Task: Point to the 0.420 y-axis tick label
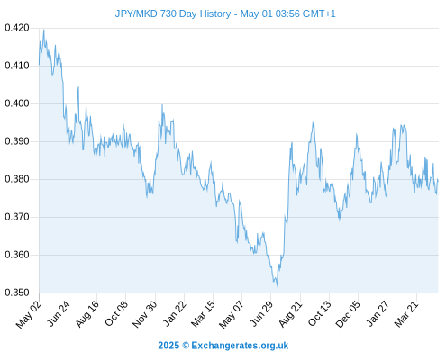point(17,28)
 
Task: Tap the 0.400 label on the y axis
point(17,103)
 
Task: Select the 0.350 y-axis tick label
point(17,292)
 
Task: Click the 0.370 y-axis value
point(17,217)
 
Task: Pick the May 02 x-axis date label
point(29,314)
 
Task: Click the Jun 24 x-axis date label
point(59,313)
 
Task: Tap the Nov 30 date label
point(145,314)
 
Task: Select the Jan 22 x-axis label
point(175,313)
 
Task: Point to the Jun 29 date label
point(261,313)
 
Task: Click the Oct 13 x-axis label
point(320,313)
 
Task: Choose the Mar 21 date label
point(406,313)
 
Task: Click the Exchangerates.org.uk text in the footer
point(240,346)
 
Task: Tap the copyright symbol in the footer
point(186,346)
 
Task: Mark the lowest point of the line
point(277,286)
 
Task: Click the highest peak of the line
point(44,30)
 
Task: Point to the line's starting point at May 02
point(39,65)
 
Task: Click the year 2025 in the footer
point(168,346)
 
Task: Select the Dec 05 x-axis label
point(348,314)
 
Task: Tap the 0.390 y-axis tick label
point(17,141)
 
